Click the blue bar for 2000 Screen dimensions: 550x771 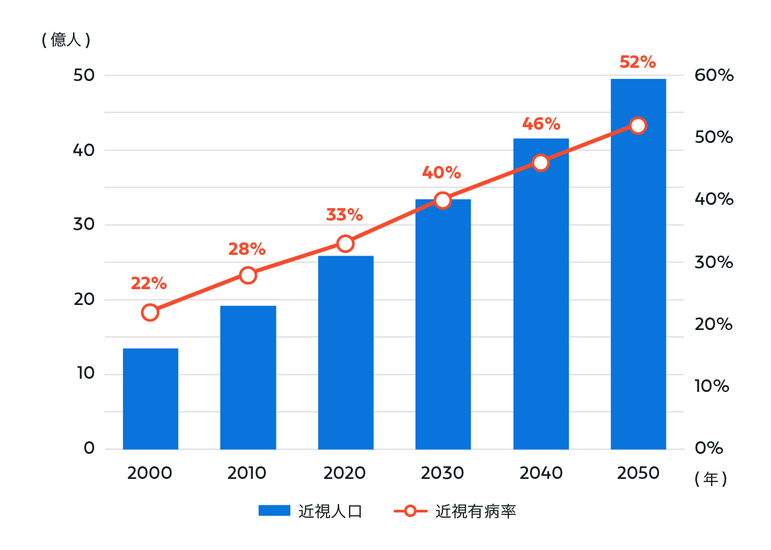click(150, 399)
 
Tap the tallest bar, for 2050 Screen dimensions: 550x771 click(638, 263)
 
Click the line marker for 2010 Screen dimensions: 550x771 click(248, 275)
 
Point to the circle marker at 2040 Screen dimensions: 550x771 click(541, 163)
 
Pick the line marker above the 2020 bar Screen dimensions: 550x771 click(345, 244)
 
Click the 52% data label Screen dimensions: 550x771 click(637, 63)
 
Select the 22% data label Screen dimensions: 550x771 click(149, 283)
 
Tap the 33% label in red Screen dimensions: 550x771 click(344, 215)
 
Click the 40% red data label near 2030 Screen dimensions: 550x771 click(441, 173)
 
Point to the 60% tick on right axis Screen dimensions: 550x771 click(714, 76)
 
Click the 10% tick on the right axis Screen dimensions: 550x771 click(712, 386)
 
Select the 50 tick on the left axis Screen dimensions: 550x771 click(84, 76)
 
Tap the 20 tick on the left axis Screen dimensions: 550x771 click(84, 300)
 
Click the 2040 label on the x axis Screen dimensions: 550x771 click(541, 473)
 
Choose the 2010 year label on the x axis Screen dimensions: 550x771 click(247, 473)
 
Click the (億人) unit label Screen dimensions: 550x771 click(66, 40)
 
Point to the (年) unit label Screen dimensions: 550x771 click(710, 480)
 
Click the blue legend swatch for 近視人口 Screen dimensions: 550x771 click(274, 511)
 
